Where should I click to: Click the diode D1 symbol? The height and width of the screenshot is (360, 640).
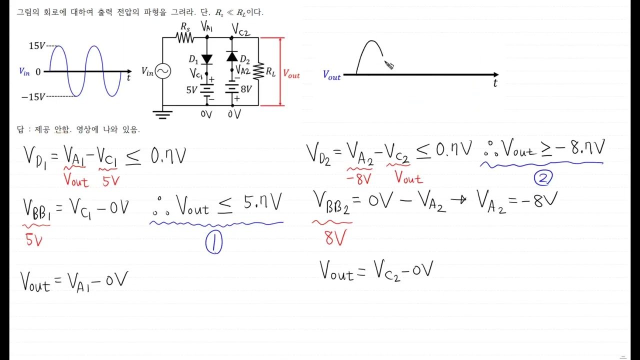point(207,59)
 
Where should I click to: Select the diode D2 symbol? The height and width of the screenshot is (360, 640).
point(232,56)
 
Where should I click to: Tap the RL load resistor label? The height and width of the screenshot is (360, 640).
point(270,72)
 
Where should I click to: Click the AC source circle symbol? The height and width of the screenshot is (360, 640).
point(163,71)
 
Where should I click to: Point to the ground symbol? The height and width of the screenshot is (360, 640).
point(162,115)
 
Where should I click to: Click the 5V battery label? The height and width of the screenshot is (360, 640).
point(191,90)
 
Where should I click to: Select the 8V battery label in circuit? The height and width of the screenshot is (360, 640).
point(245,89)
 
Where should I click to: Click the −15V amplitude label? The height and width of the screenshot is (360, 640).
point(32,96)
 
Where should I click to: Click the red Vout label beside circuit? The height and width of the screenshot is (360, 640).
point(291,74)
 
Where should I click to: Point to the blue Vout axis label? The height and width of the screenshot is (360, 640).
point(331,75)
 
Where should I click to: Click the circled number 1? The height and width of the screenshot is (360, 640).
point(213,243)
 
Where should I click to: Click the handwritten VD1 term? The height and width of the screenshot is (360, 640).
point(35,156)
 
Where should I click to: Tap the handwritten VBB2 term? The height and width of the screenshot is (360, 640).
point(332,203)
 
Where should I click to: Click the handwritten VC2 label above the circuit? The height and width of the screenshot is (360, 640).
point(240,30)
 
